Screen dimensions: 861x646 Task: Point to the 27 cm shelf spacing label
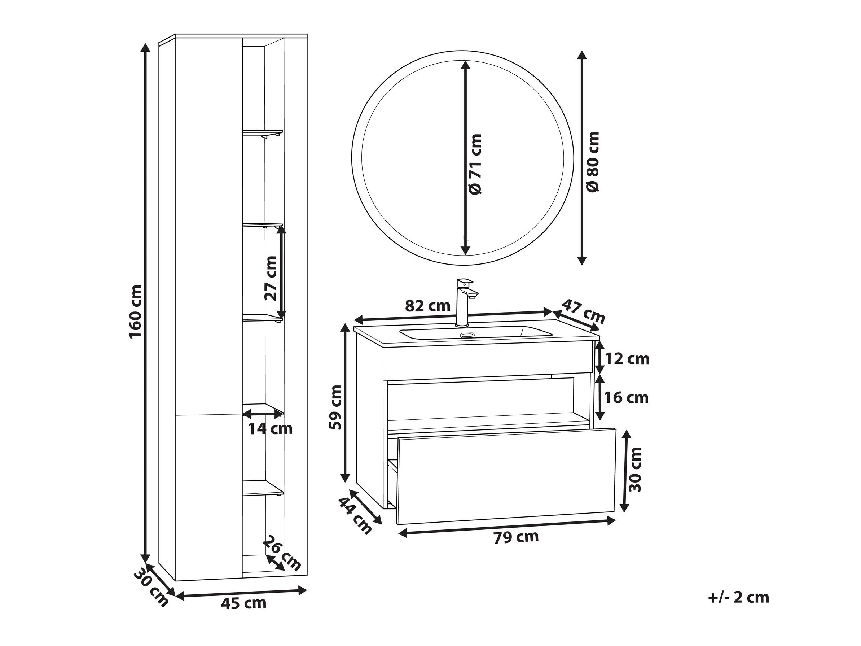click(271, 278)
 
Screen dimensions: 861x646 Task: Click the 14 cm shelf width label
click(270, 429)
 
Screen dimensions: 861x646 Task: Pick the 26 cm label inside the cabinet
click(282, 553)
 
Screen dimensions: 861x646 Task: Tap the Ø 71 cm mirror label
click(475, 164)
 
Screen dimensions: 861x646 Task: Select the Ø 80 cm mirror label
click(592, 162)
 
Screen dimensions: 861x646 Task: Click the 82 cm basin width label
click(427, 306)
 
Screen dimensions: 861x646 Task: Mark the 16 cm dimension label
click(627, 398)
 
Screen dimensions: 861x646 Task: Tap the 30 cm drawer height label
click(635, 470)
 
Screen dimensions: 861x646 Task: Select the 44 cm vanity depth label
click(355, 516)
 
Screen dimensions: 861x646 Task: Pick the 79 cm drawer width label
click(516, 537)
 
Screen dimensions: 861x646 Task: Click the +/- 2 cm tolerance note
click(738, 608)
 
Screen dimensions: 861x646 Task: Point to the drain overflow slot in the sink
click(466, 335)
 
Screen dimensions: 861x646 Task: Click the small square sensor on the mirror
click(467, 237)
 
